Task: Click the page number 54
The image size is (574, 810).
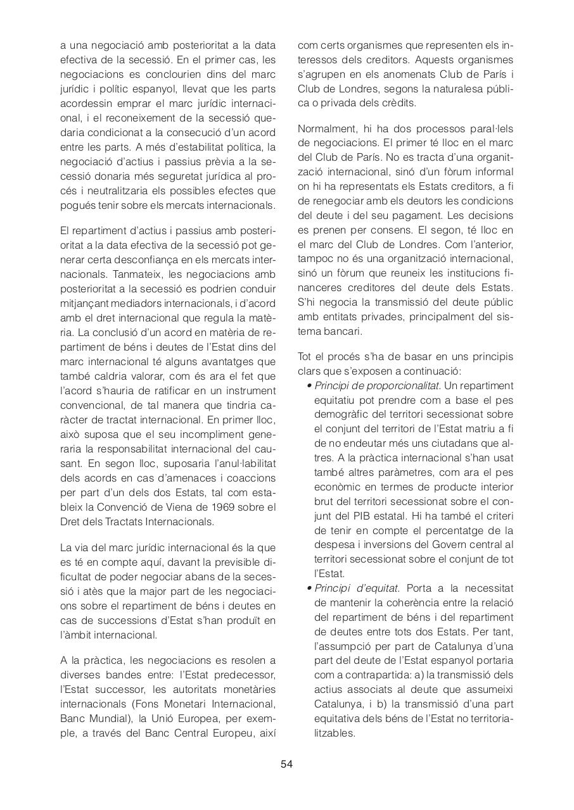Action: click(x=286, y=764)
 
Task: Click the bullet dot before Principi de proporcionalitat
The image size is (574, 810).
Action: click(x=309, y=386)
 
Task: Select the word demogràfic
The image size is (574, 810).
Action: click(x=345, y=414)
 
